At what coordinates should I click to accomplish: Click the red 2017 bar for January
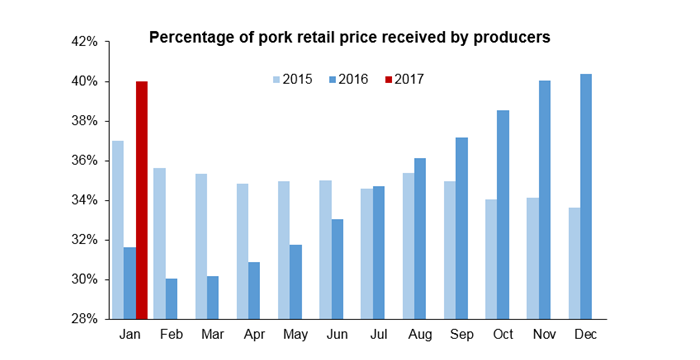(142, 200)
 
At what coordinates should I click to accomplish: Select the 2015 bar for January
(118, 230)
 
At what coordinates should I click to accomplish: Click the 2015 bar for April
(242, 251)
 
